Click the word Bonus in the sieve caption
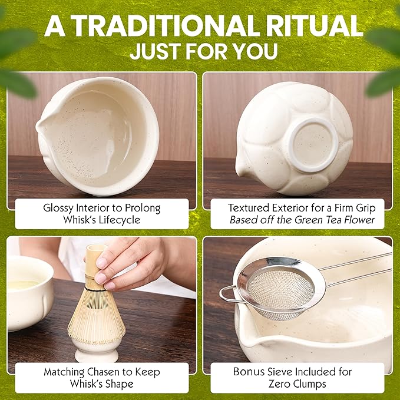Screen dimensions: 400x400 click(248, 372)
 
